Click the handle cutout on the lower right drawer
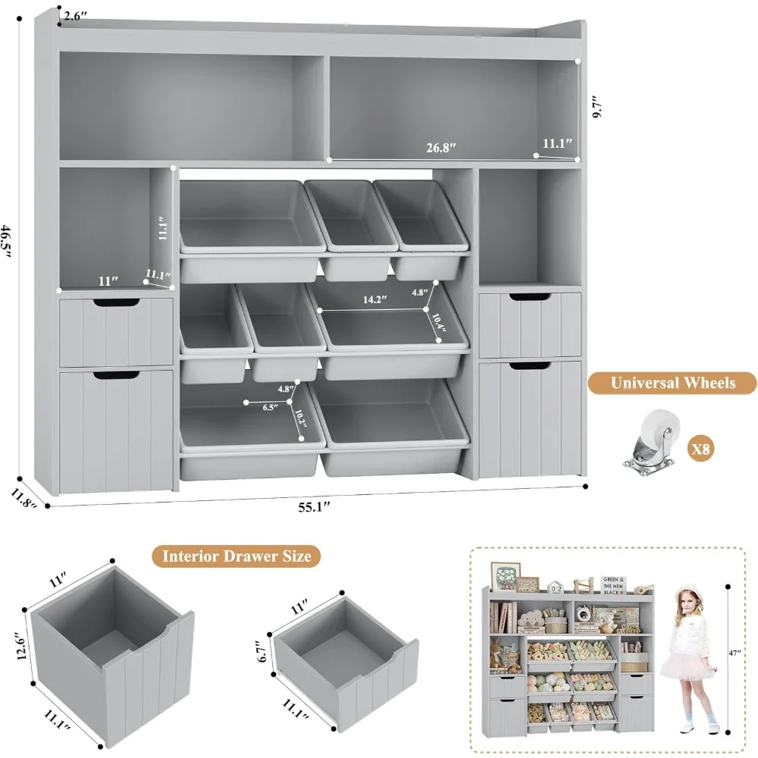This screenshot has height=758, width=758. click(530, 367)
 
